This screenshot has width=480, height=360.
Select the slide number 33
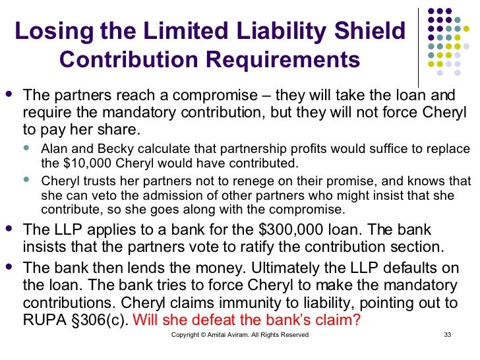tap(446, 335)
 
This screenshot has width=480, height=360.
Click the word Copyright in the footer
tap(186, 335)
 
